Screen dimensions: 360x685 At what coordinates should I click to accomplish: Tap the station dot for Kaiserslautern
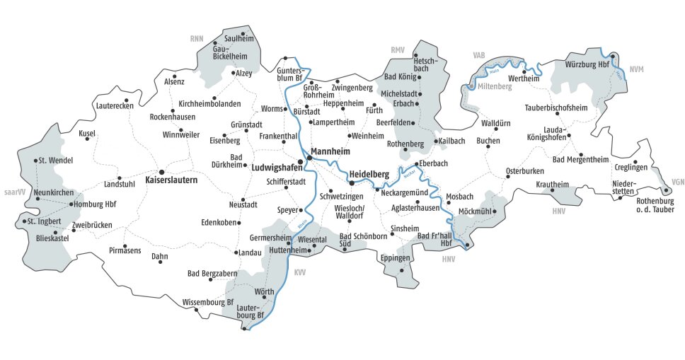[x=161, y=171]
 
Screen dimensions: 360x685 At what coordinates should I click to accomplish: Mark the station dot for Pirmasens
[x=125, y=241]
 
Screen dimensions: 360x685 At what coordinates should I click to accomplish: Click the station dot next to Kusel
[x=88, y=139]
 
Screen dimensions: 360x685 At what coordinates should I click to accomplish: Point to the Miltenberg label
[x=495, y=86]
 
